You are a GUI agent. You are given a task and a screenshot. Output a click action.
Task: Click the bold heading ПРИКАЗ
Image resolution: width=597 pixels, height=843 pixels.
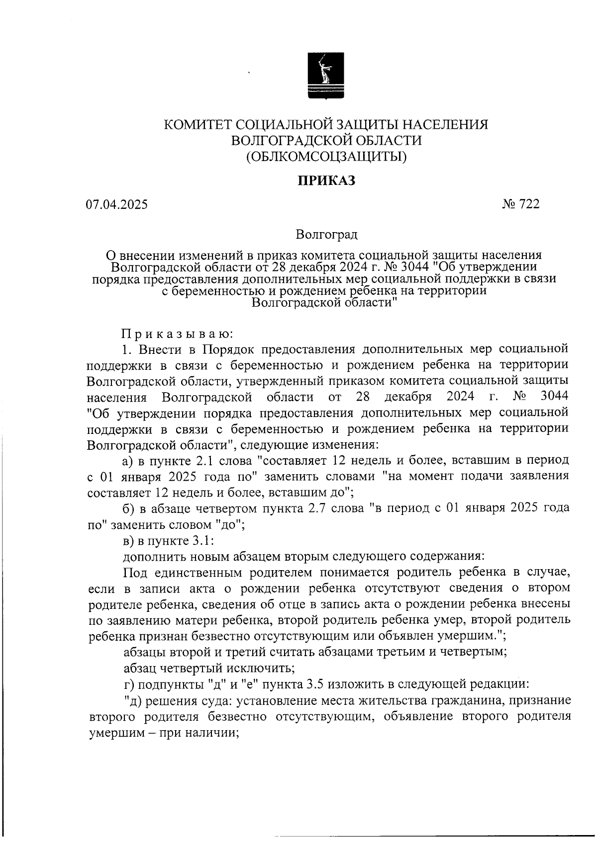point(326,181)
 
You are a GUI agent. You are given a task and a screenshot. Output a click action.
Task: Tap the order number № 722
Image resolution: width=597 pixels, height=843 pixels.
point(521,204)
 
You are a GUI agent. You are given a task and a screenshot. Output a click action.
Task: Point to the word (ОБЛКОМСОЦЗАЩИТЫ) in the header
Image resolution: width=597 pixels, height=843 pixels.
point(326,157)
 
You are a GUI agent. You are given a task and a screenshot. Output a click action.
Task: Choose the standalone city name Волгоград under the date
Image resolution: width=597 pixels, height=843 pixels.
point(326,234)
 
